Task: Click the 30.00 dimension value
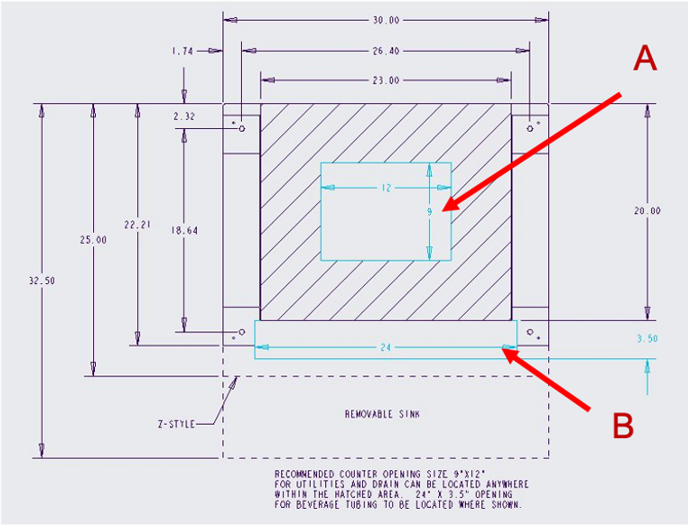[386, 20]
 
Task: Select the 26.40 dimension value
[386, 51]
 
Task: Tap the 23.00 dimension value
[386, 81]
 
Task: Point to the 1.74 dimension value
[183, 51]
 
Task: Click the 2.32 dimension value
[184, 116]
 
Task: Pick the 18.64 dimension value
[184, 230]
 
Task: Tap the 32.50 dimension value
[41, 280]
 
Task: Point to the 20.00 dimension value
[647, 211]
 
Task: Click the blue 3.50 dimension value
[647, 339]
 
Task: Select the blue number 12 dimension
[386, 188]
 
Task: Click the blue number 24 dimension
[386, 348]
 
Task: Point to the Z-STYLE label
[176, 423]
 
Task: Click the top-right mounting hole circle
[530, 128]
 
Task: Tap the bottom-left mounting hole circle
[241, 332]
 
